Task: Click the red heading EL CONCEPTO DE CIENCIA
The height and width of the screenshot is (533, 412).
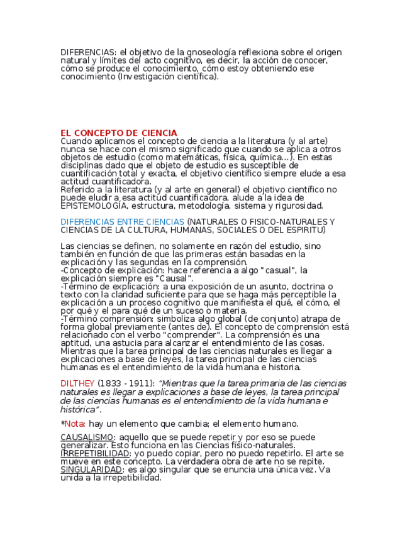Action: [x=119, y=133]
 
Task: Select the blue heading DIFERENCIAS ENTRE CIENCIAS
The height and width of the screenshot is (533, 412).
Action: [x=122, y=222]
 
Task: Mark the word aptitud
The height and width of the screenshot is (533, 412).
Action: [x=75, y=344]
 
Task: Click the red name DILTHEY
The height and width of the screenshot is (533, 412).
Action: [x=77, y=383]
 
